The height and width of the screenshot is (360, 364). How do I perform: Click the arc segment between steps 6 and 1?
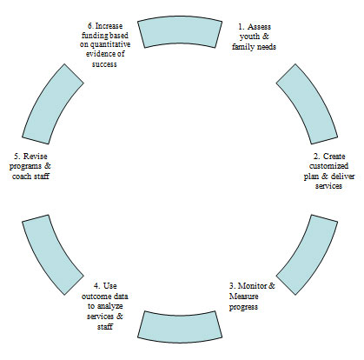180,31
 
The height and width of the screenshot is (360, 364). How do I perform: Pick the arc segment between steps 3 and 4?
180,328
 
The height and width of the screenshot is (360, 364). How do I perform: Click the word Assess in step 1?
259,27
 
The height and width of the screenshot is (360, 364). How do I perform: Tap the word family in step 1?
242,47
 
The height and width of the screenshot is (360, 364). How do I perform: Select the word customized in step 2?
328,166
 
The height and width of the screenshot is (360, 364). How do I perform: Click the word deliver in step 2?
343,176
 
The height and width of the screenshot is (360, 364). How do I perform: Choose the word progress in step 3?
243,307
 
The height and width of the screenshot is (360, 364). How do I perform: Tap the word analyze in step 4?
109,306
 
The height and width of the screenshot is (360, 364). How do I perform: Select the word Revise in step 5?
35,157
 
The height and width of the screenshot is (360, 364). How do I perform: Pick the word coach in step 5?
22,176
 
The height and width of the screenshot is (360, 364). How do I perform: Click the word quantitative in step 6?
110,45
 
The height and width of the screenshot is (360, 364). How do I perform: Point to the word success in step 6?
104,64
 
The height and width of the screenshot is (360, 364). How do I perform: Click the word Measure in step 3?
243,297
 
